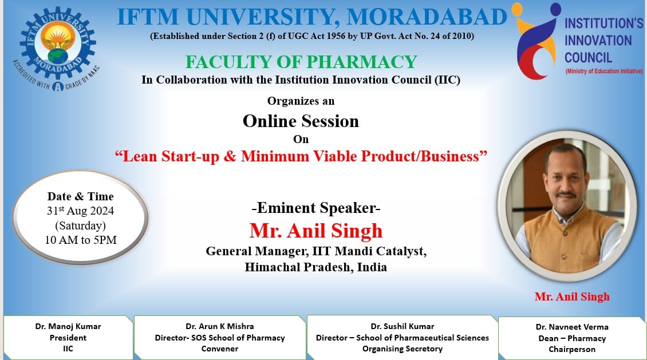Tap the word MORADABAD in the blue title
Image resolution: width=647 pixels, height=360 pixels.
427,17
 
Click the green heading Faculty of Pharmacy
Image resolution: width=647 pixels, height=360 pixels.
301,62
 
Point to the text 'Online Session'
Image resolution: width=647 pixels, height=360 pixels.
301,121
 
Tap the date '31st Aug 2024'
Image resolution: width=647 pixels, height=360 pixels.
81,211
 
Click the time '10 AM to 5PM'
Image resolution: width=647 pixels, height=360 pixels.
81,240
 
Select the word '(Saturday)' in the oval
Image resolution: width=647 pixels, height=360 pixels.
81,226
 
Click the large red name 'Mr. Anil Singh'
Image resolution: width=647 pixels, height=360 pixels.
316,231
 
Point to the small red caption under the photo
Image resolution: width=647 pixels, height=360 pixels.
572,296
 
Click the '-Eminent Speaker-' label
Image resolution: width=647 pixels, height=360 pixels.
316,208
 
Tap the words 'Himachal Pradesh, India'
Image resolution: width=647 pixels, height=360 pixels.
316,267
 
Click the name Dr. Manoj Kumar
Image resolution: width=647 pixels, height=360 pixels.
68,326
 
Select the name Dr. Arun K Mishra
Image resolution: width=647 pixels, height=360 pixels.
220,326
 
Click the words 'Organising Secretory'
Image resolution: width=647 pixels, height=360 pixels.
403,349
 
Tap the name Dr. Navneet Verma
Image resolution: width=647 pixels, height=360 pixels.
572,327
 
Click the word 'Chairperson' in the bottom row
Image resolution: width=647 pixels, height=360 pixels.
572,349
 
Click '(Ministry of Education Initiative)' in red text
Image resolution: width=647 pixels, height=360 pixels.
603,71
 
